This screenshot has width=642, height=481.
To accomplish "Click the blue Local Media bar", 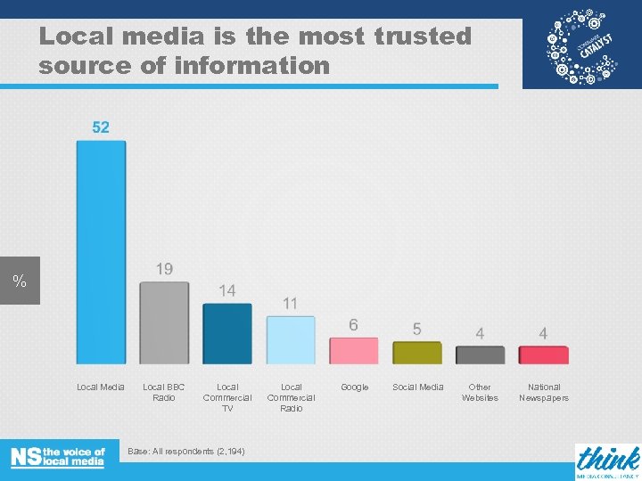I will [x=101, y=252].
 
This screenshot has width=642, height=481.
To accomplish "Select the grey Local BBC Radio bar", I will [x=164, y=322].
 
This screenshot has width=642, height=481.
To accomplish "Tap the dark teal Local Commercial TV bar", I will [x=227, y=333].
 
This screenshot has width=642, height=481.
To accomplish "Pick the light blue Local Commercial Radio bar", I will [x=291, y=339].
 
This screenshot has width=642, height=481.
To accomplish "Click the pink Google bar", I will [x=354, y=350].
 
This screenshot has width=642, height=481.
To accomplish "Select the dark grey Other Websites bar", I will [x=481, y=355].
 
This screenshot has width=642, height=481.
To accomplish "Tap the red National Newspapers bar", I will [x=544, y=355].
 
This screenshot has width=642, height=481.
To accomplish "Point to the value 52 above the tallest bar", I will [x=101, y=127].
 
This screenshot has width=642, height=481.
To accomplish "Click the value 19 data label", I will [x=164, y=268].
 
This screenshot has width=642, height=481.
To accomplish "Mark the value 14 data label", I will [x=227, y=290].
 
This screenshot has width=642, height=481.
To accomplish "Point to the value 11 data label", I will [x=290, y=304].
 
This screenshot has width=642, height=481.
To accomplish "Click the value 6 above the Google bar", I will [x=354, y=325].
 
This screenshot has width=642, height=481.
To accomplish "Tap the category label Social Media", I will [x=417, y=387].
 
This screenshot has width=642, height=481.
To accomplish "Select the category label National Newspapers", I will [x=544, y=392].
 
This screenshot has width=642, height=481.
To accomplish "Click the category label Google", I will [x=354, y=387].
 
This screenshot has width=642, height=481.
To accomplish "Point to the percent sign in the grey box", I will [x=20, y=282].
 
